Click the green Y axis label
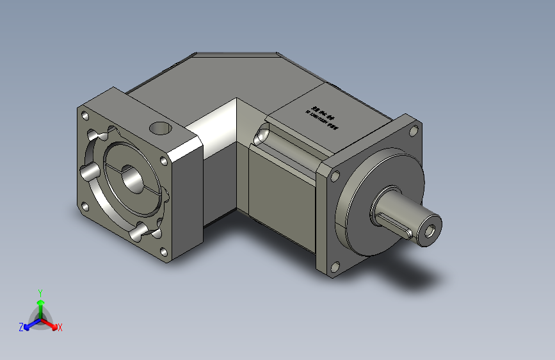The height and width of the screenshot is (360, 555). coord(40,291)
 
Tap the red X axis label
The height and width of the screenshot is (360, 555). coord(60,328)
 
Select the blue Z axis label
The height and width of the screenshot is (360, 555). coord(21,327)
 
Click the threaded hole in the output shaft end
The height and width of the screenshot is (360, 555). coord(430,231)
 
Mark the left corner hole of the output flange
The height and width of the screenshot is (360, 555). coord(334,175)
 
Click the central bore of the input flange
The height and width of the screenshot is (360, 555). coord(133,179)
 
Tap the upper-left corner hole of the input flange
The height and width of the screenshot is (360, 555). coord(84,116)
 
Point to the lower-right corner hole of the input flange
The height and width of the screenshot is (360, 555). coord(165,253)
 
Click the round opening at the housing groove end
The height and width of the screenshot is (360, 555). coord(261,136)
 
